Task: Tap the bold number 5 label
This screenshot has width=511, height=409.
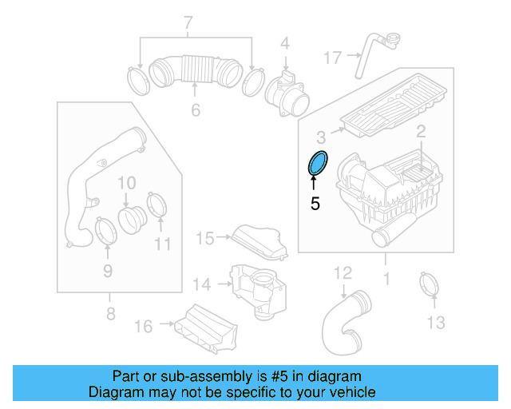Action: [x=315, y=204]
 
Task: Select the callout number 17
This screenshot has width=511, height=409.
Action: [x=333, y=58]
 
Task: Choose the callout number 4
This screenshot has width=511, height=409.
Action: [x=283, y=42]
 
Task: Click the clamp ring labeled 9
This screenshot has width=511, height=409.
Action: [x=105, y=231]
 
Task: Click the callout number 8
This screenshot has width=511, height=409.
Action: [x=110, y=314]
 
